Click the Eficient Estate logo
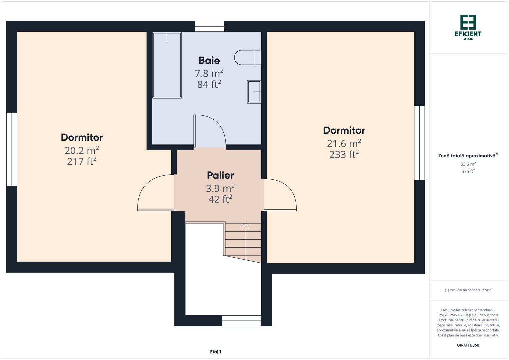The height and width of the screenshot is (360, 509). click(x=468, y=27)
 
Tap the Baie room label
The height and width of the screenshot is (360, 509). click(x=209, y=60)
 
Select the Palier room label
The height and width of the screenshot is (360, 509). click(x=220, y=175)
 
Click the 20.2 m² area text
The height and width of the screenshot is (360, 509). click(x=82, y=150)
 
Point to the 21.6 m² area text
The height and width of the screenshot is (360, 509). click(x=344, y=143)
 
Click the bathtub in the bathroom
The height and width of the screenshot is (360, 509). click(x=167, y=65)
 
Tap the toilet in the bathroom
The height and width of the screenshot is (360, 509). click(x=247, y=57)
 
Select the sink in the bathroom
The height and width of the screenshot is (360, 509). click(x=254, y=92)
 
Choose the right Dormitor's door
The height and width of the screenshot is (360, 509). click(x=280, y=195)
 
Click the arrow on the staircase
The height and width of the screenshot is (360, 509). click(x=245, y=226)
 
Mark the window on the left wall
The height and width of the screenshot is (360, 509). click(x=12, y=149)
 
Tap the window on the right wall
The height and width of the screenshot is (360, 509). click(x=419, y=143)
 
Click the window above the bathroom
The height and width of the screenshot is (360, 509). click(x=210, y=26)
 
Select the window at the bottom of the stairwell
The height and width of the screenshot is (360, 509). click(x=241, y=321)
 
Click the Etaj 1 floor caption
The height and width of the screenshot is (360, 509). click(x=216, y=352)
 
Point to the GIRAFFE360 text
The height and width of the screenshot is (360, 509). click(x=468, y=345)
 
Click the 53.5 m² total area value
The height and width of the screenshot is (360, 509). click(x=468, y=164)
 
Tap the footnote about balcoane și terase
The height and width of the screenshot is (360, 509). click(x=468, y=290)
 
